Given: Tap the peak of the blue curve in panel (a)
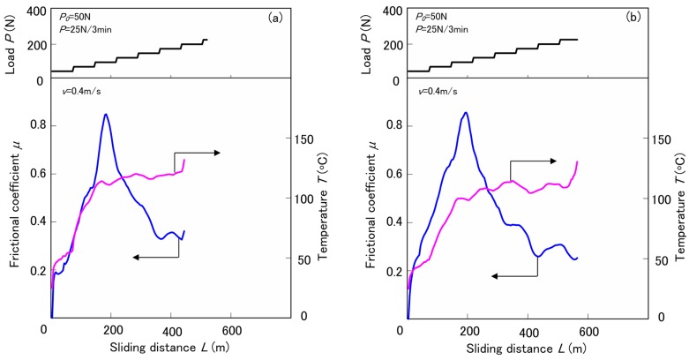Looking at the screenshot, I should click(106, 115).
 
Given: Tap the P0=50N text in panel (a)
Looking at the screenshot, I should click(77, 16).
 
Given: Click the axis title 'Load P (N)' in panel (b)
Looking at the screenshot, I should click(365, 41).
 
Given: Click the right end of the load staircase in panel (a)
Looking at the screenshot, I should click(206, 39).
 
